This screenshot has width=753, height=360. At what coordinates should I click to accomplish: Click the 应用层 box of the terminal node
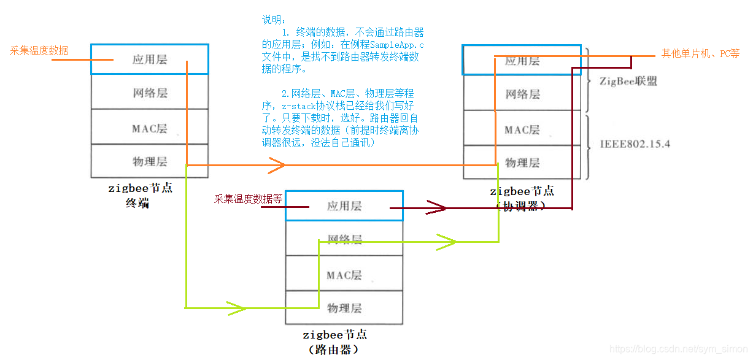point(149,59)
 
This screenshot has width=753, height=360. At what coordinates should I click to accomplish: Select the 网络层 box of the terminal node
point(149,93)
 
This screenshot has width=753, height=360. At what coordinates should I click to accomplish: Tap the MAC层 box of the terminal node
point(149,128)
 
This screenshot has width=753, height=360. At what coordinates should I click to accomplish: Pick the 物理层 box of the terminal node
point(149,161)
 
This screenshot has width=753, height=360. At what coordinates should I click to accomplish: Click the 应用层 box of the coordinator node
point(522,61)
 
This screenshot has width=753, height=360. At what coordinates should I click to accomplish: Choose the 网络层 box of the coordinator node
point(522,94)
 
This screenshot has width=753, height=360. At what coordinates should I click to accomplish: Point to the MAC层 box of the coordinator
point(522,129)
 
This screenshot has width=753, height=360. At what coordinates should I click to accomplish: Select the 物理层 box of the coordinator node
point(522,163)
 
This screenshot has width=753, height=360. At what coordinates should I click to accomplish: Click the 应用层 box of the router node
point(344,206)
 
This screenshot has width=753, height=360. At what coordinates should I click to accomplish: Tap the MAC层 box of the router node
point(344,275)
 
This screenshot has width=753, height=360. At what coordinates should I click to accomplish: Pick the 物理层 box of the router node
point(344,307)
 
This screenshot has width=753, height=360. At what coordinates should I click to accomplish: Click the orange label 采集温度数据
point(39,50)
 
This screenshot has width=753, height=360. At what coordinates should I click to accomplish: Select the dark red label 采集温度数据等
point(248,199)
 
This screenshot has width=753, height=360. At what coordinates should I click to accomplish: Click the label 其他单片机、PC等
point(700,53)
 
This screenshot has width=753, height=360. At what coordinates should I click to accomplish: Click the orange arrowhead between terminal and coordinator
point(276,165)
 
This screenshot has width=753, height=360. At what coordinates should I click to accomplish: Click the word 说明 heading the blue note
point(270,20)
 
